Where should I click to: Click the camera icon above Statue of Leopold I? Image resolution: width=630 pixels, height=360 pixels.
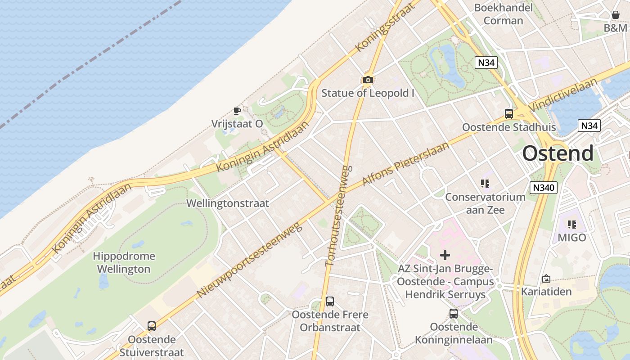tap(368, 80)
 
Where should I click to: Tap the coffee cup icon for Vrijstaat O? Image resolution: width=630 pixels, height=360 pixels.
tap(237, 111)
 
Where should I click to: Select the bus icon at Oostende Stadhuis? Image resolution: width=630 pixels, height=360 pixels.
tap(509, 114)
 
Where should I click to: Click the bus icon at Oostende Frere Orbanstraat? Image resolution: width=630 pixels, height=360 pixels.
tap(330, 301)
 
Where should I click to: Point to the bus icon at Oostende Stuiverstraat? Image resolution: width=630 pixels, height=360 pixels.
tap(152, 326)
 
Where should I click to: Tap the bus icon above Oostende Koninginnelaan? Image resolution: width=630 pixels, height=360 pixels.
tap(454, 314)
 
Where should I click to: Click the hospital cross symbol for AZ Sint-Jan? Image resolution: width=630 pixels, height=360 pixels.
tap(445, 255)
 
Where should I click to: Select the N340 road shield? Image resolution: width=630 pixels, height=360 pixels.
tap(544, 188)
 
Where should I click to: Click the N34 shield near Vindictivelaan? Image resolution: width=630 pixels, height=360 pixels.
tap(589, 126)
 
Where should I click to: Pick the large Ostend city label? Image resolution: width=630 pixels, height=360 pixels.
tap(558, 153)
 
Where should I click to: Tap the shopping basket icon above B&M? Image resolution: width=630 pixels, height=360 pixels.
tap(616, 15)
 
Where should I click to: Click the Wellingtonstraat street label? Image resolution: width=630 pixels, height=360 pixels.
tap(228, 203)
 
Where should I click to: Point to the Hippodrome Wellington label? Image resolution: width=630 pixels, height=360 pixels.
tap(124, 263)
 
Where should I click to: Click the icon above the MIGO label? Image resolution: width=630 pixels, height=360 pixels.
tap(572, 224)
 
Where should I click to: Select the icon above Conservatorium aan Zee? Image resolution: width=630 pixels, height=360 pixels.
tap(485, 183)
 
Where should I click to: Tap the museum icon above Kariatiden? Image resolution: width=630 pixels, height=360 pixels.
tap(546, 279)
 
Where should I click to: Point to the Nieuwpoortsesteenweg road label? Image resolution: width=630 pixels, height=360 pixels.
tap(249, 260)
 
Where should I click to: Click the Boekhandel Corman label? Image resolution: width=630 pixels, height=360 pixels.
tap(504, 14)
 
